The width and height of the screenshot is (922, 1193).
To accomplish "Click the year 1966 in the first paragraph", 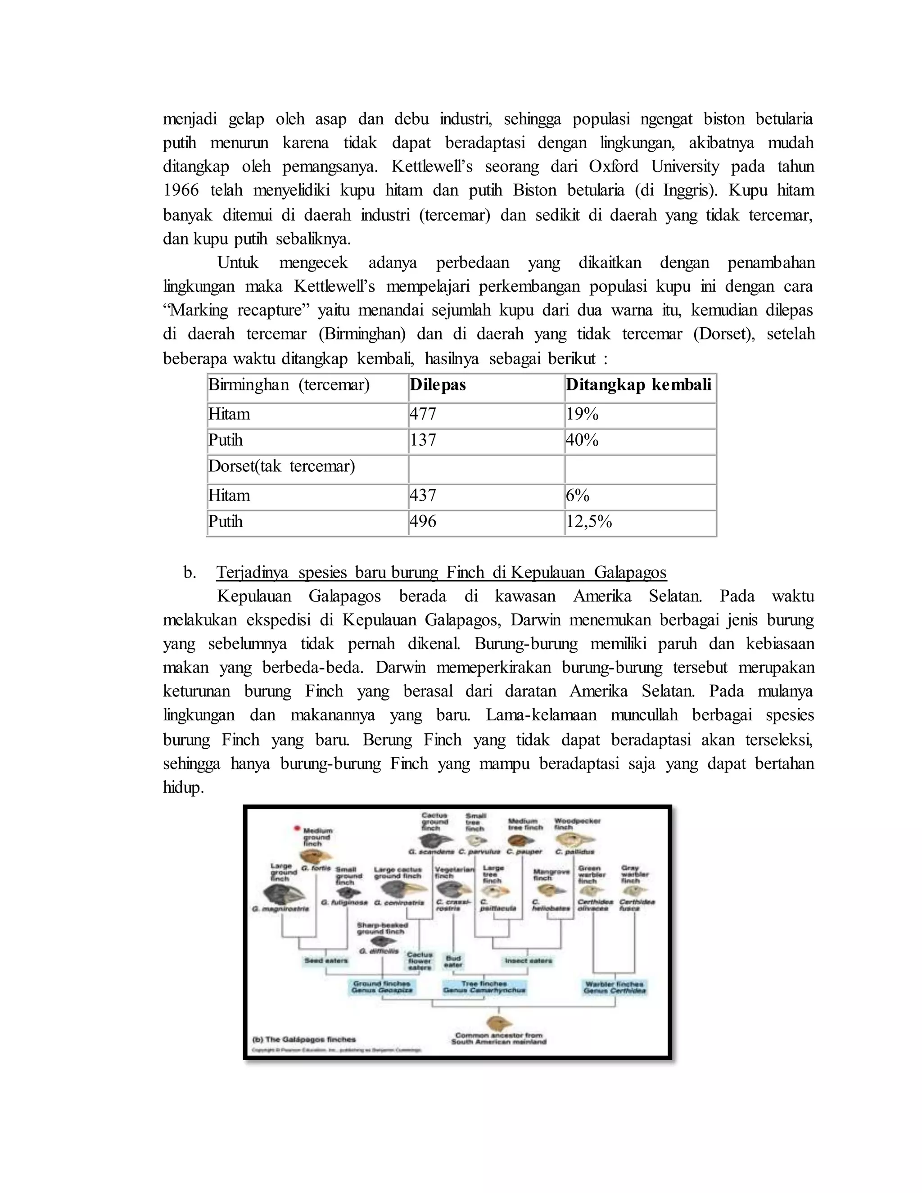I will pos(181,190).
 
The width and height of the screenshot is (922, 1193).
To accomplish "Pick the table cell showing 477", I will pos(423,414).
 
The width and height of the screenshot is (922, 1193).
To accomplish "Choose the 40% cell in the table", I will pos(582,440).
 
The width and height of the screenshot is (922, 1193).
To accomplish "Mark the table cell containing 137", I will pos(423,440).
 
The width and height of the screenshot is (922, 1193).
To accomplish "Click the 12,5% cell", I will pos(589,522).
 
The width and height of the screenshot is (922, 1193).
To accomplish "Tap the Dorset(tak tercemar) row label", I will pos(282,466).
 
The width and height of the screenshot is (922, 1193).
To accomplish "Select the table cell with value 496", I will pos(423,522).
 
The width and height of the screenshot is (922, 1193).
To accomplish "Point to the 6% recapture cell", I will pos(578,496).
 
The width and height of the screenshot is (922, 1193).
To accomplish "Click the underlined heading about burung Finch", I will pos(441,573).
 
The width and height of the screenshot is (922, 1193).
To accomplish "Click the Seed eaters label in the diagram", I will pos(326,961).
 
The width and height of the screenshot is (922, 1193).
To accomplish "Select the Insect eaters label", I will pos(528,961).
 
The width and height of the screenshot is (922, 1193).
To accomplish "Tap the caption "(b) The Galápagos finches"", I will pos(304,1039).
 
